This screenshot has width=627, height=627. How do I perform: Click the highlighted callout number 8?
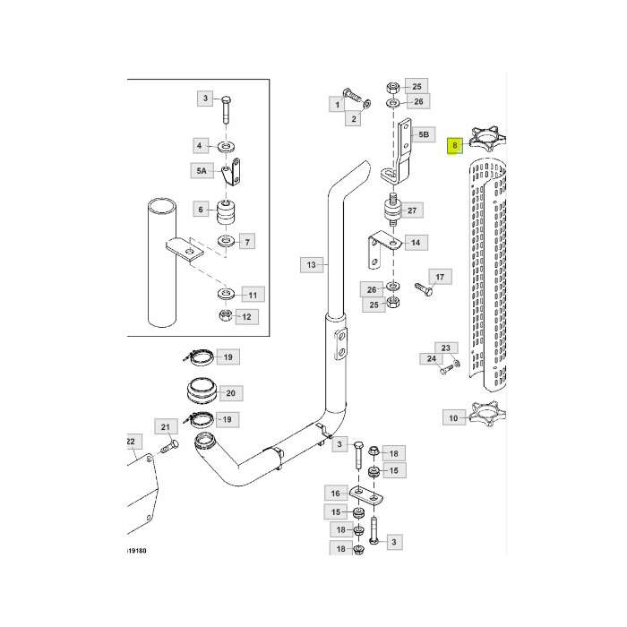455,144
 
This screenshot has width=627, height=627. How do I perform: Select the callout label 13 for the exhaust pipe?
310,264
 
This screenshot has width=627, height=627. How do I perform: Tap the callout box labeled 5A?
201,169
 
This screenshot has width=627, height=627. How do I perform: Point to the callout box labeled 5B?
424,135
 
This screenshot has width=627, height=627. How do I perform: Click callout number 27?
413,211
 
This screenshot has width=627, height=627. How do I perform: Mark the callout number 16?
335,493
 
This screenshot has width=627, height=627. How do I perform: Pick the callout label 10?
453,417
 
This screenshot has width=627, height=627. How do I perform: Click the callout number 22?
131,441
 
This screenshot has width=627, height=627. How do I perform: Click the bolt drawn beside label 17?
422,288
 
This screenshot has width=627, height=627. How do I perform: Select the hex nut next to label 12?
224,315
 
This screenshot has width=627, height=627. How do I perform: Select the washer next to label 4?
224,145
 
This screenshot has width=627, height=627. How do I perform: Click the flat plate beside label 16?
366,496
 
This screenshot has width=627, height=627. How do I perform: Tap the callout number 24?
431,359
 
